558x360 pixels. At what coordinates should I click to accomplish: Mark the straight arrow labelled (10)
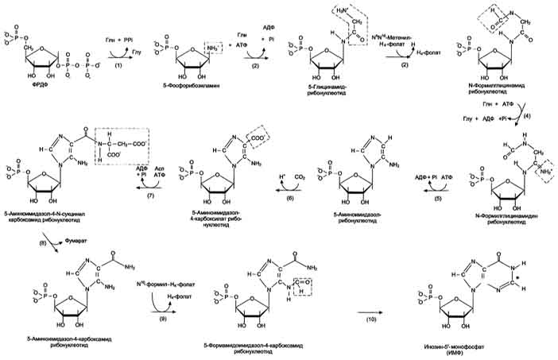pos(350,300)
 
